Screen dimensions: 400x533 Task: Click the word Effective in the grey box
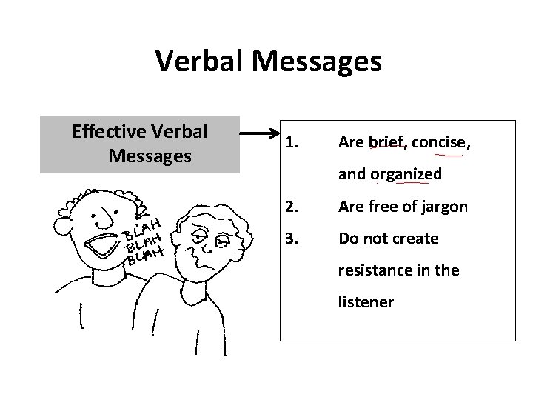pyautogui.click(x=109, y=132)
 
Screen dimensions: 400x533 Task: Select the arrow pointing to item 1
pyautogui.click(x=258, y=134)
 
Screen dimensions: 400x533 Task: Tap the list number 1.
pyautogui.click(x=291, y=141)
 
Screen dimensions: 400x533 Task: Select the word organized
pyautogui.click(x=406, y=174)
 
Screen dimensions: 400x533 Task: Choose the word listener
pyautogui.click(x=366, y=302)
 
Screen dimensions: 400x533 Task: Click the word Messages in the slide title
pyautogui.click(x=317, y=61)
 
